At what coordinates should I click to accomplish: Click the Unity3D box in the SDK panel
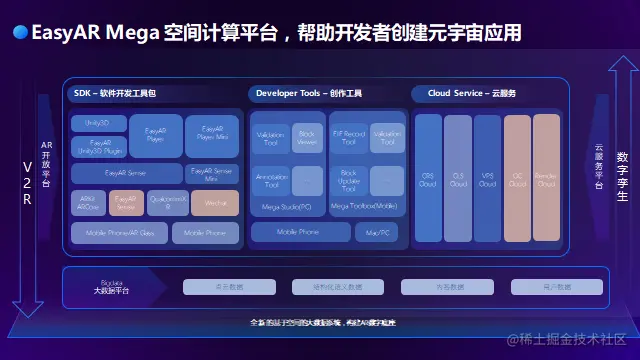98,123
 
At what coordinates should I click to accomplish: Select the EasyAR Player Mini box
212,133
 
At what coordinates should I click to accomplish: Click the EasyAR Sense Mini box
212,174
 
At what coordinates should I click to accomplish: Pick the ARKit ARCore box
89,203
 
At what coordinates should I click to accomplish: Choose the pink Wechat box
215,203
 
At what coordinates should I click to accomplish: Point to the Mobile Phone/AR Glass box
119,233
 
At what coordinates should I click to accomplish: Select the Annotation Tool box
271,181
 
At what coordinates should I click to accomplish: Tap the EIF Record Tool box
349,138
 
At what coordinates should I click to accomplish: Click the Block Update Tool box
349,181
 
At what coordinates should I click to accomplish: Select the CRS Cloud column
428,179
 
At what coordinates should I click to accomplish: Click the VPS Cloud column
488,179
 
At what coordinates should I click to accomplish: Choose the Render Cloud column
546,179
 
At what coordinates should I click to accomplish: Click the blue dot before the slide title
19,33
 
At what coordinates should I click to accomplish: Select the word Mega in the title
129,33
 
